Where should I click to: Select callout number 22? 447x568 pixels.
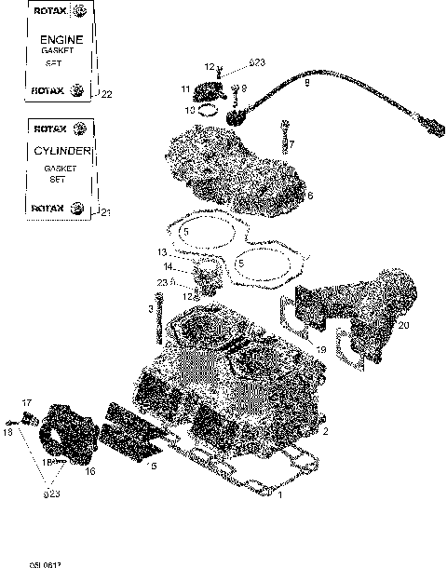[106, 94]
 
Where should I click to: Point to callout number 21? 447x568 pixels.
[106, 213]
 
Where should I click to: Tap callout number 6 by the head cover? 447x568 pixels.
[310, 196]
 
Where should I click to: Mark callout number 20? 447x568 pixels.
[403, 326]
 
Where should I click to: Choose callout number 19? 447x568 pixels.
[320, 349]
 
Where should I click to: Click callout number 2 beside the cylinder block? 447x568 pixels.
[325, 431]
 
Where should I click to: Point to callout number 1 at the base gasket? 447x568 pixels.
[281, 495]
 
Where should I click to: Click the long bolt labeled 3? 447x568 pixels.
[162, 317]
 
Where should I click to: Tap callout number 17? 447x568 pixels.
[27, 402]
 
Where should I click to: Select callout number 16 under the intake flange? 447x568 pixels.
[90, 472]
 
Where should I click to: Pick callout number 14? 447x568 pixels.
[169, 267]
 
